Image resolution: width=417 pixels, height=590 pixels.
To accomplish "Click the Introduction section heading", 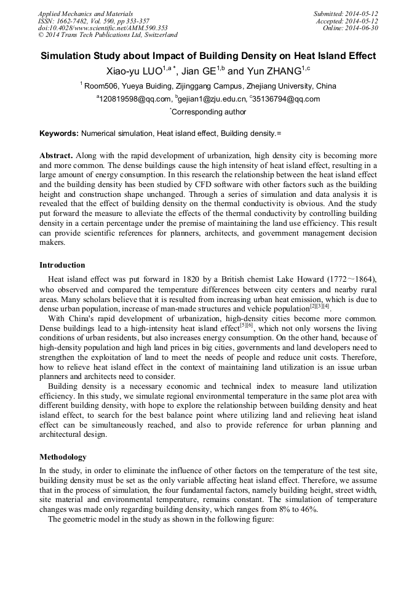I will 62,265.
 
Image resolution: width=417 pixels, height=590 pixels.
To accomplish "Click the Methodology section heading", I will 63,457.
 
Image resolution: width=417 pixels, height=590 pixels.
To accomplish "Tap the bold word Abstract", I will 55,156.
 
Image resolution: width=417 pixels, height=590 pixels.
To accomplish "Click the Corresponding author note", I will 208,112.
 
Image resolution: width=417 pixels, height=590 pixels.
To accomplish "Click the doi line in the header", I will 103,28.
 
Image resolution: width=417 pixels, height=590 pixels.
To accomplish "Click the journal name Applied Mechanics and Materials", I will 85,14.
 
